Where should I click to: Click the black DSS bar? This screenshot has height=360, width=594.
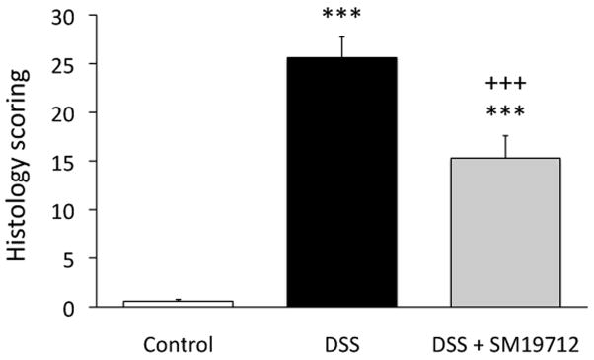coord(341,182)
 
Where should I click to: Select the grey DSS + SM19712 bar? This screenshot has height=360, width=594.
coord(505,232)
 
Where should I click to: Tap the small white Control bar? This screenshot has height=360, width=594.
coord(178,304)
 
